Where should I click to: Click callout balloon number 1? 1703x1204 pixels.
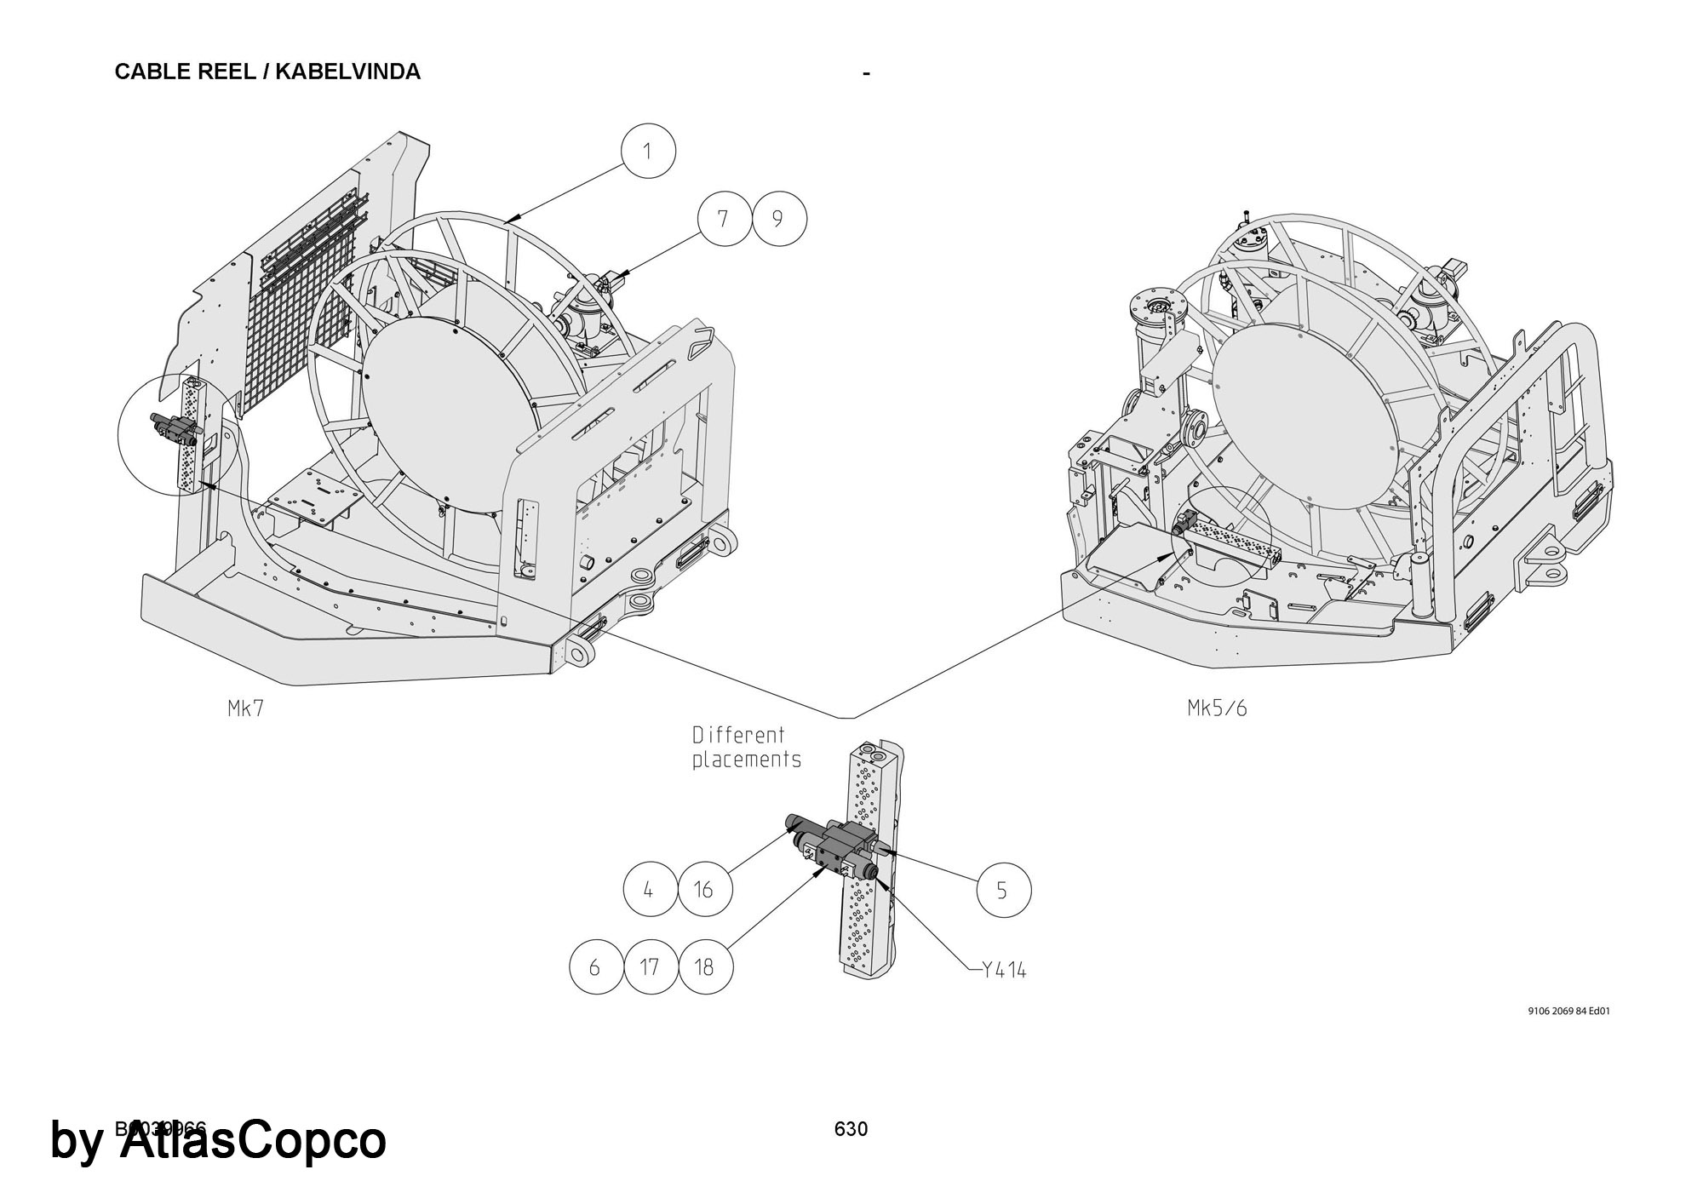coord(648,152)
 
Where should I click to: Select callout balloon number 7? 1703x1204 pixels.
coord(723,219)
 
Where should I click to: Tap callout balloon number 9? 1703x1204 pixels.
coord(777,219)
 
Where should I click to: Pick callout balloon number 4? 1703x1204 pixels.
coord(649,890)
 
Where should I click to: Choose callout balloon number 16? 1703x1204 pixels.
coord(703,890)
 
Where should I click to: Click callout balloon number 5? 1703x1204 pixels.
coord(1002,891)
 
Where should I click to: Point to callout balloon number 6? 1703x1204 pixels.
coord(595,966)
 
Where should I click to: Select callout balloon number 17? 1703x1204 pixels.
coord(650,966)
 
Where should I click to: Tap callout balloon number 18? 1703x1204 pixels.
coord(704,966)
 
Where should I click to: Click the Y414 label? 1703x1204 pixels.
coord(1003,970)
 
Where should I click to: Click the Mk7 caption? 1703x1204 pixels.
coord(246,708)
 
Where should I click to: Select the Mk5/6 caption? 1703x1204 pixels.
coord(1217,708)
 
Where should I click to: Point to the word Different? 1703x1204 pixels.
coord(738,735)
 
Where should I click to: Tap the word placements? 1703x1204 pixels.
coord(746,760)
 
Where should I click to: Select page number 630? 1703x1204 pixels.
coord(851,1129)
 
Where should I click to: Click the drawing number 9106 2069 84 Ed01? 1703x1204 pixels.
coord(1568,1012)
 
